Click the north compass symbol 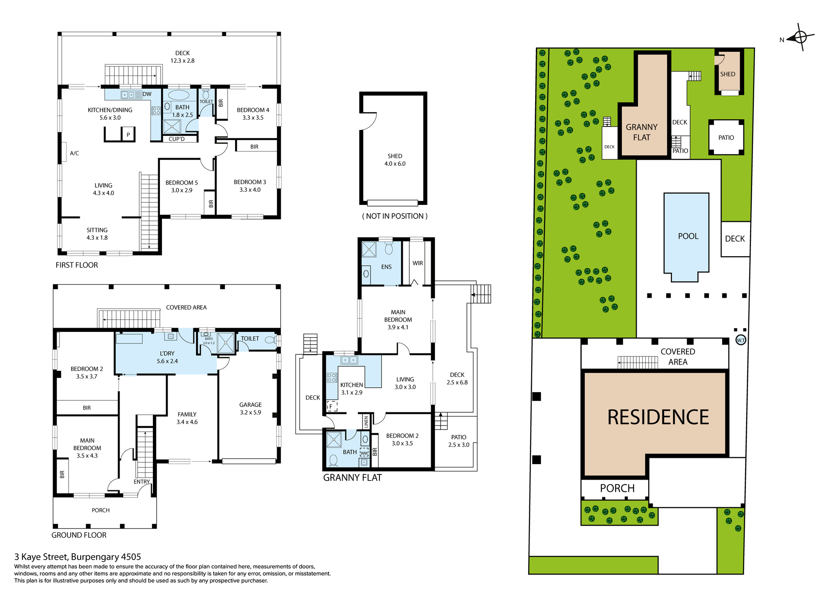click(799, 37)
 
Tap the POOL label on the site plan click(688, 236)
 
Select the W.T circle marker click(741, 340)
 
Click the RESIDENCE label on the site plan click(658, 417)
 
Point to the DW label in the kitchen click(147, 94)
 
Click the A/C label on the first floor click(74, 153)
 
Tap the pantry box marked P click(129, 135)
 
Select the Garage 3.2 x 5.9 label click(251, 409)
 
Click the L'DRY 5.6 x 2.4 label click(167, 357)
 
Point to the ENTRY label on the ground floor click(142, 482)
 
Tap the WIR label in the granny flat click(418, 263)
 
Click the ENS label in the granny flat click(386, 267)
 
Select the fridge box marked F click(332, 407)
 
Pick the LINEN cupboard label click(366, 422)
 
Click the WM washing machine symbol click(364, 453)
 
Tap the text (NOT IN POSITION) click(395, 216)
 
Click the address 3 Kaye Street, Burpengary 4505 click(78, 557)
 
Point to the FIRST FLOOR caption click(77, 265)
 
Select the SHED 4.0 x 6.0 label click(395, 160)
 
